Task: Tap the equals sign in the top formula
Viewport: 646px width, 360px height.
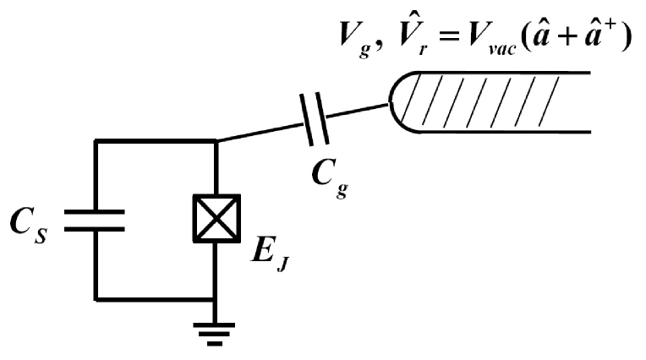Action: point(446,40)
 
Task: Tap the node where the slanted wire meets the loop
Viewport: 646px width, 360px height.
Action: point(218,142)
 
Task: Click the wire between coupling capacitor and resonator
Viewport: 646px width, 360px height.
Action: point(359,111)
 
